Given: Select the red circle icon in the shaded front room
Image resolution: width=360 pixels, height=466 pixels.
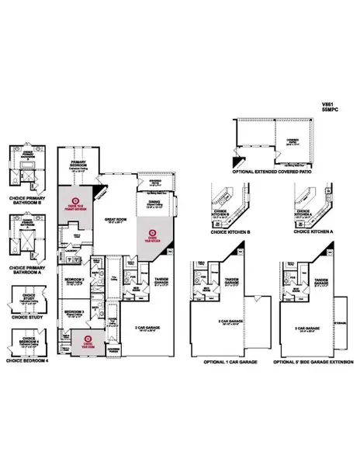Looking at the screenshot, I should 88,339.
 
